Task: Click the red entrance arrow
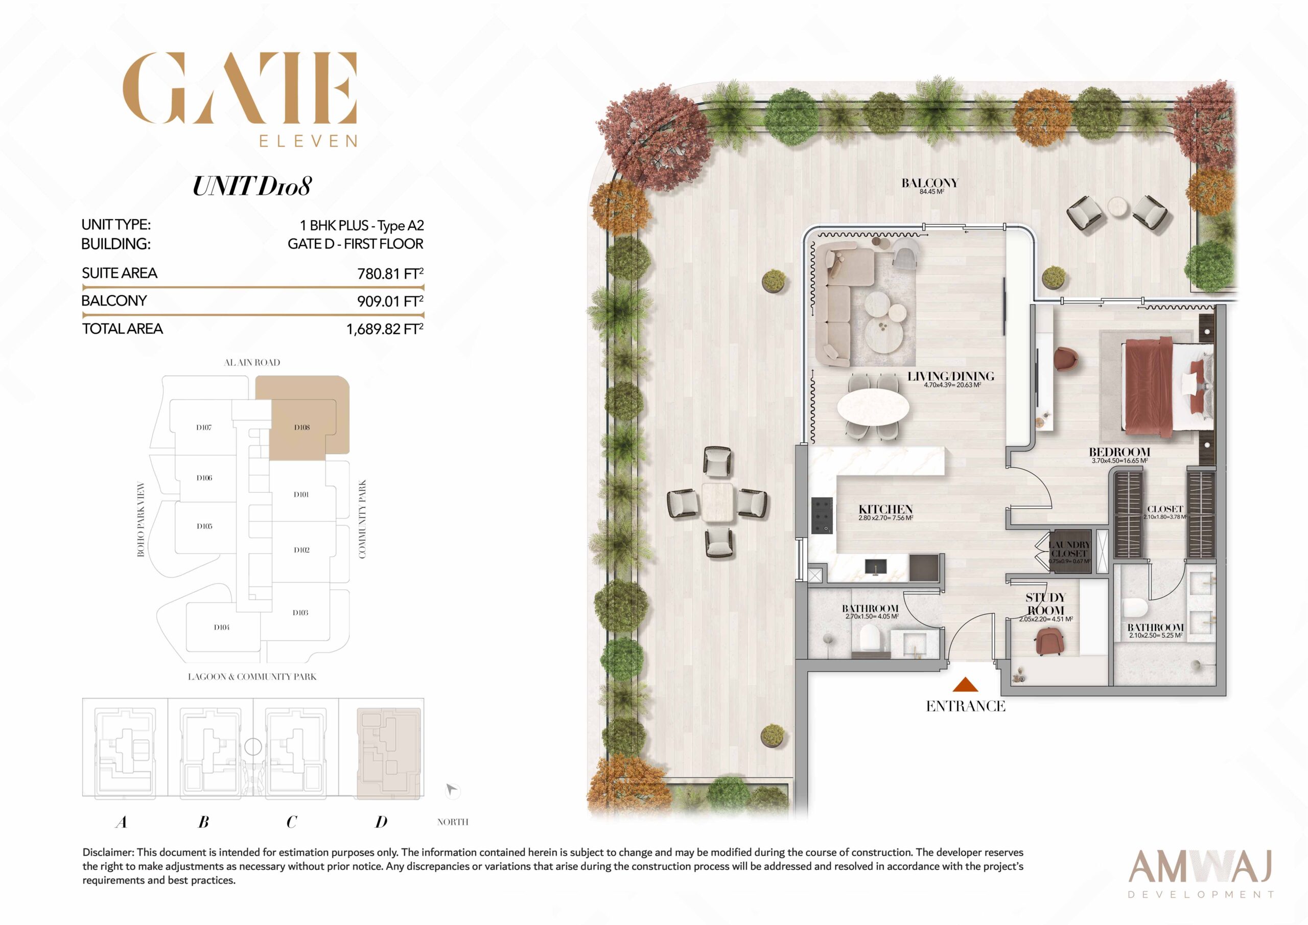coord(965,684)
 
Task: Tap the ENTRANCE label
coord(966,706)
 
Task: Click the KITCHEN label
coord(886,509)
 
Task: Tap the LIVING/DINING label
coord(951,376)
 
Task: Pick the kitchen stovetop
coord(822,516)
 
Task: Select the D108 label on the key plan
coord(302,427)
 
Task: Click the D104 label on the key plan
coord(222,628)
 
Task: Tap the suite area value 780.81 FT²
coord(390,273)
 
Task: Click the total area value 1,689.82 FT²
coord(385,329)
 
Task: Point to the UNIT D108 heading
coord(252,187)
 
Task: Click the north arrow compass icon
coord(452,790)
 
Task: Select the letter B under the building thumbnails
coord(203,822)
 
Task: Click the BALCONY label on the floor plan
coord(930,183)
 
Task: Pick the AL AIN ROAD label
coord(252,362)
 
